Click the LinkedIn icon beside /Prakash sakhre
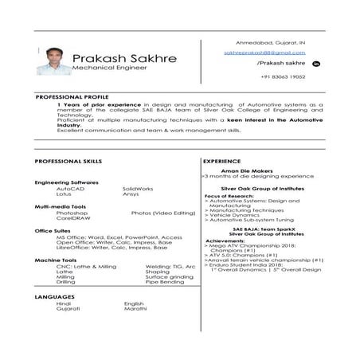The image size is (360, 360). (x=315, y=62)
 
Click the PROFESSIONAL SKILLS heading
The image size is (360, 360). (x=68, y=161)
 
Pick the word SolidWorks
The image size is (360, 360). (x=139, y=188)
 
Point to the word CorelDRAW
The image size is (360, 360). (x=72, y=218)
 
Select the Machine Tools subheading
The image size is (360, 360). (x=56, y=260)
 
